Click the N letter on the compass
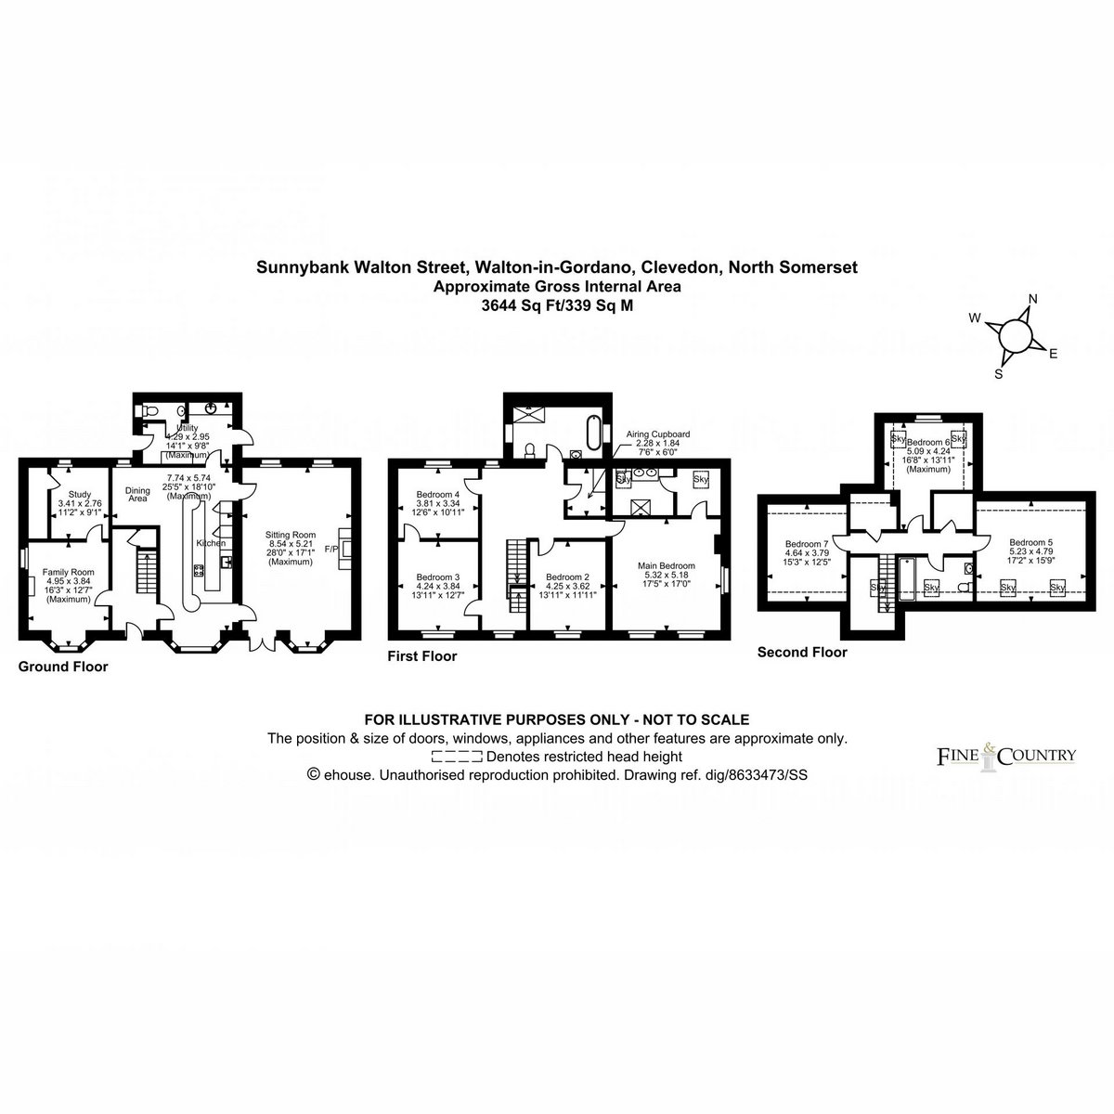pyautogui.click(x=1032, y=300)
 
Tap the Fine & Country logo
pyautogui.click(x=1004, y=756)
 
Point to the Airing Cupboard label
pyautogui.click(x=658, y=434)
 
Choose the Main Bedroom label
pyautogui.click(x=666, y=564)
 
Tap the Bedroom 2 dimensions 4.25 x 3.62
pyautogui.click(x=568, y=586)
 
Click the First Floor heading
pyautogui.click(x=422, y=655)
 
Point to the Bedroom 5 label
pyautogui.click(x=1028, y=542)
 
